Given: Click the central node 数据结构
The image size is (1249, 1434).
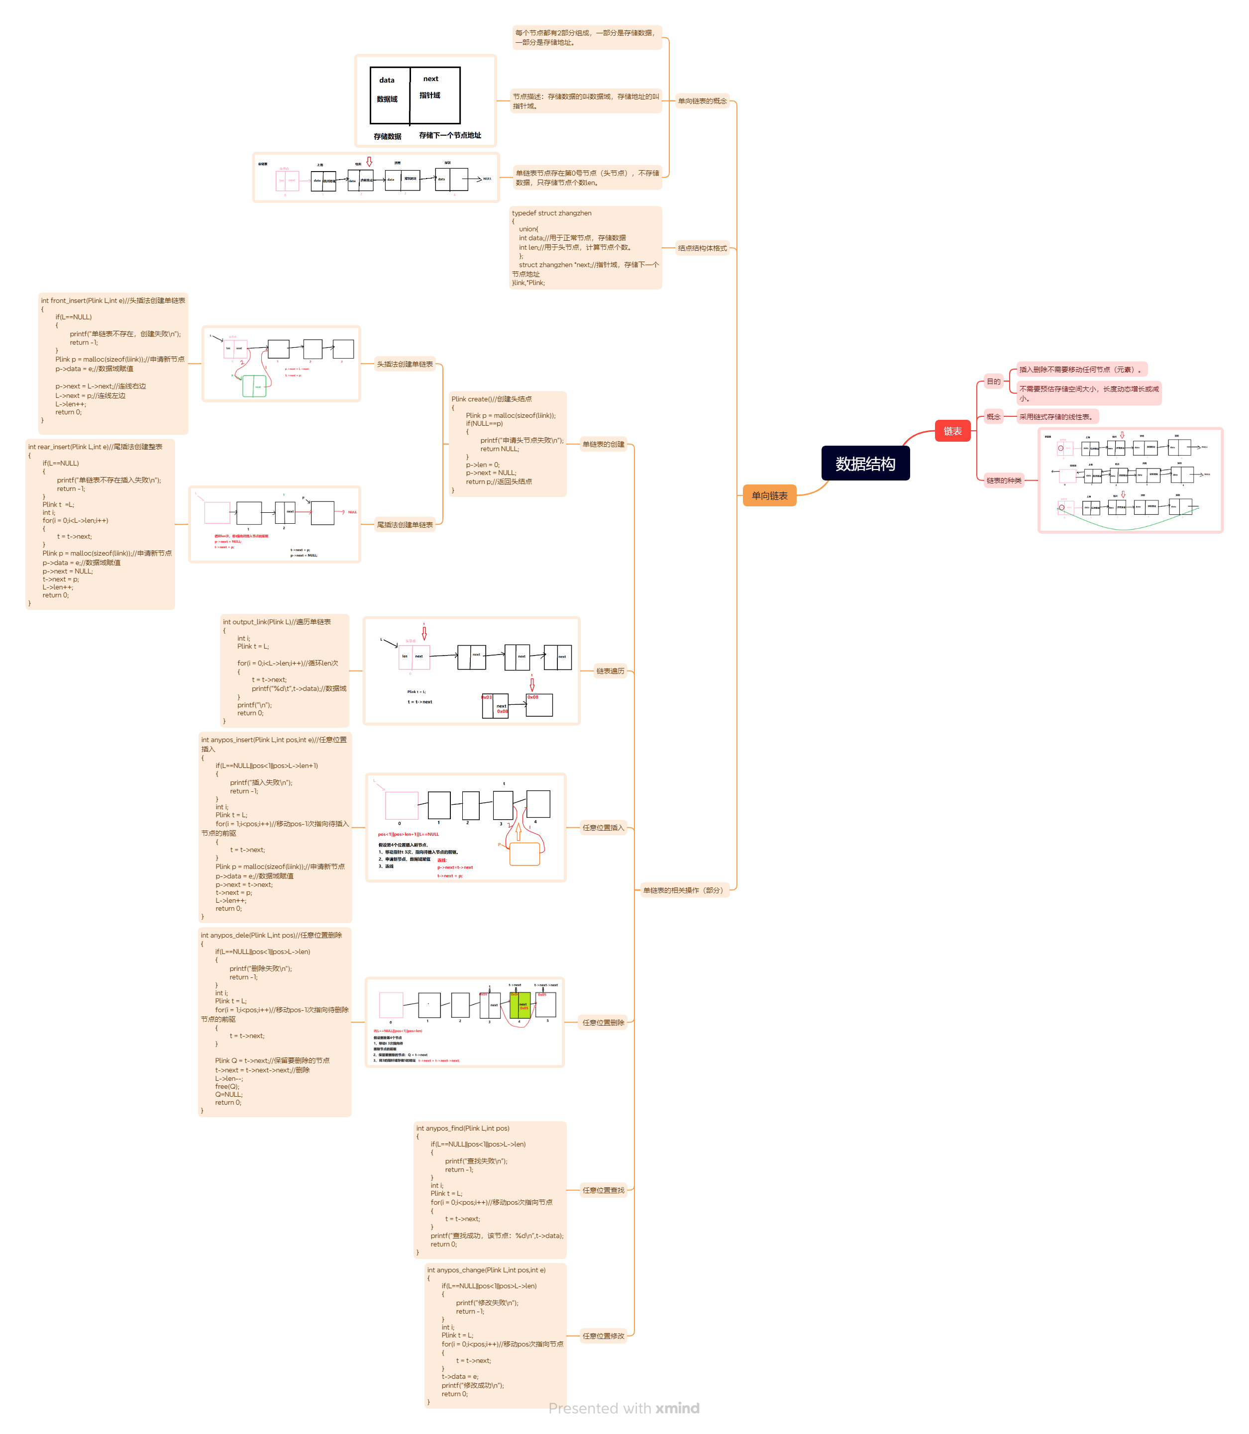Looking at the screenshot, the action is pos(865,464).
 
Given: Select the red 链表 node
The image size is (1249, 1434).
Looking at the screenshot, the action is pos(952,431).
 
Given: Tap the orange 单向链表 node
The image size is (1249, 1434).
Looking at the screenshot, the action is pos(769,495).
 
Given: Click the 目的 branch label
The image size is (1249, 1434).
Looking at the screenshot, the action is pos(993,381).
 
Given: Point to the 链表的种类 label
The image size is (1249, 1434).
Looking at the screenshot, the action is pos(1004,480).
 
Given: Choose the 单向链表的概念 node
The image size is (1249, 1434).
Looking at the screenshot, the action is pos(702,101).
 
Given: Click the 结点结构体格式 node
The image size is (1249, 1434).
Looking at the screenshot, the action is pos(702,248).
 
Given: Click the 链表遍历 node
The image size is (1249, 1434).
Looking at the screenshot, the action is pos(610,671).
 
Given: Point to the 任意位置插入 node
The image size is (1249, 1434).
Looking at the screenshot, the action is pos(603,828).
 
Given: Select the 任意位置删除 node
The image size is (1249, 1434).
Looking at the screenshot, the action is pos(603,1022).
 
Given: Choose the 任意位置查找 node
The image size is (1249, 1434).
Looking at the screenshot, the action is pos(603,1190).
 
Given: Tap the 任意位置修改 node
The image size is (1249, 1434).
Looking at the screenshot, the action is pos(603,1336).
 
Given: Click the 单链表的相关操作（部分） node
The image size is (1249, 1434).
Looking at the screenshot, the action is pos(684,890).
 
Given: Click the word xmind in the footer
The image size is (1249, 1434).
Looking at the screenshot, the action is pos(677,1408).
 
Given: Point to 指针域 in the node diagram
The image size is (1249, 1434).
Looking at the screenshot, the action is pos(429,96).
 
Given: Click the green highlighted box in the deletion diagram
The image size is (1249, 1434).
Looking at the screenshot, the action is pos(519,1005).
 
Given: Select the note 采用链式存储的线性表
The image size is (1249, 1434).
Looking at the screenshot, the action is pos(1056,417).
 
